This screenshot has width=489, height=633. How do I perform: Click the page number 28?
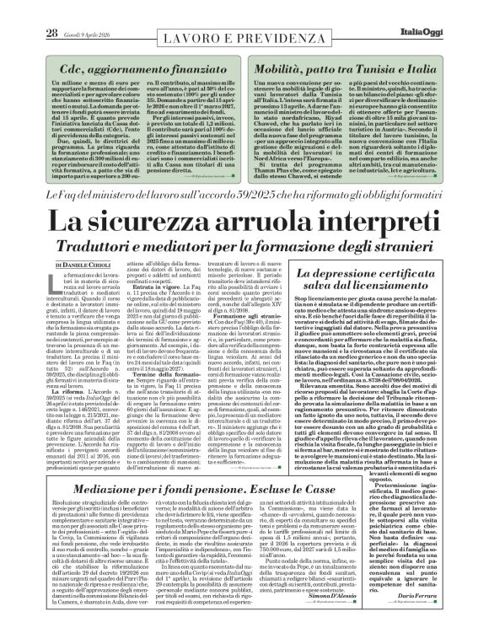[26, 9]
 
